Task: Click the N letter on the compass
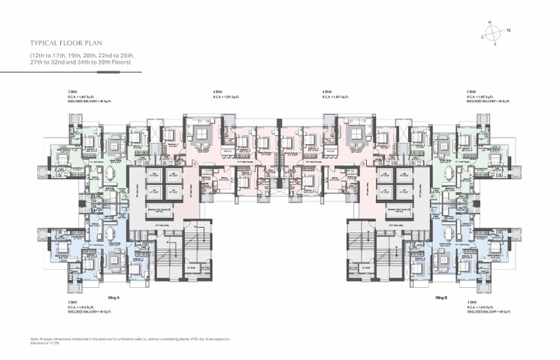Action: coord(509,31)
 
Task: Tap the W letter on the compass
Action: coord(489,23)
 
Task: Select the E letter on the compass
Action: coord(494,44)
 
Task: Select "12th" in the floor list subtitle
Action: coord(39,56)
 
